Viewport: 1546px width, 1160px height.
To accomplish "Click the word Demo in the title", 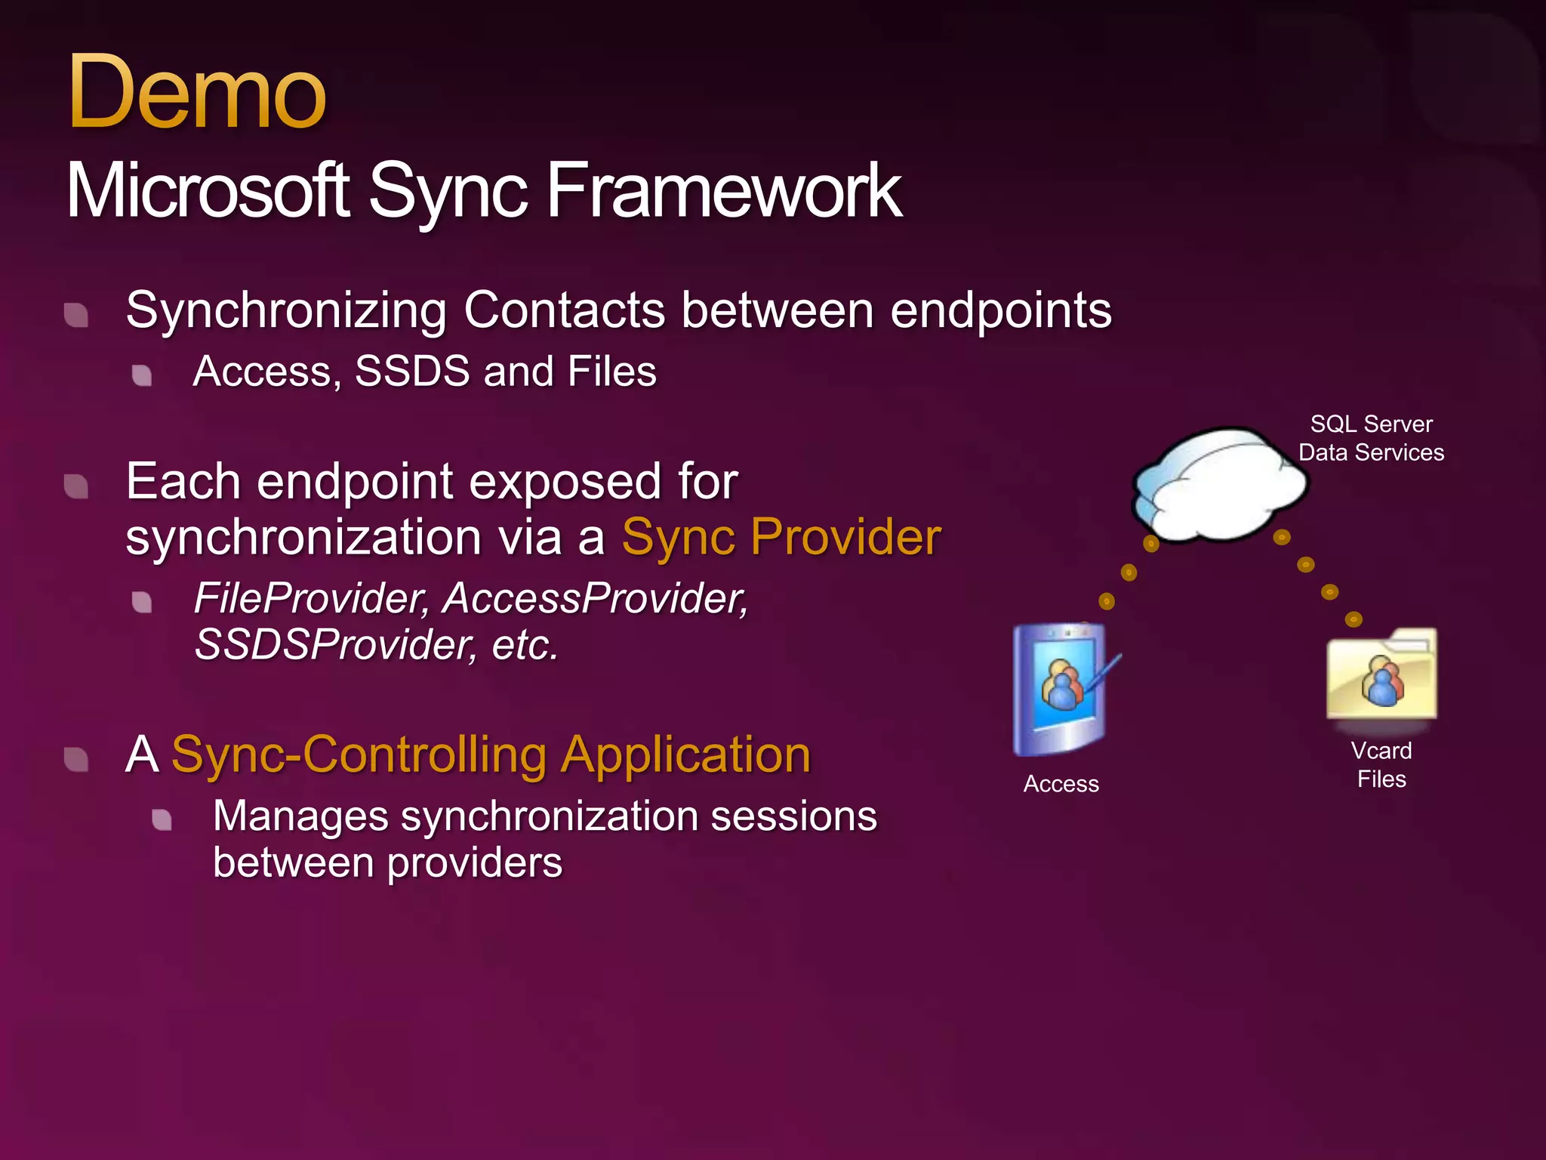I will pyautogui.click(x=196, y=94).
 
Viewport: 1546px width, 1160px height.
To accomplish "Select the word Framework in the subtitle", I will pyautogui.click(x=723, y=191).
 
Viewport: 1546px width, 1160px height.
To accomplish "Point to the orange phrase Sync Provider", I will pyautogui.click(x=781, y=537).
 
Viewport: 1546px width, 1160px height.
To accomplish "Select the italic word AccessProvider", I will pyautogui.click(x=595, y=598).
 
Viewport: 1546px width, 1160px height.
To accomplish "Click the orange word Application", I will pyautogui.click(x=685, y=754).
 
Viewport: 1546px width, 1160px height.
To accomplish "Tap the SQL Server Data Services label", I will pyautogui.click(x=1371, y=438).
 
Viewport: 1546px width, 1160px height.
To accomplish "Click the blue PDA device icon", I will pyautogui.click(x=1061, y=689).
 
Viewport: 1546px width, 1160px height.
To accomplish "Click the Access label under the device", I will pyautogui.click(x=1061, y=784).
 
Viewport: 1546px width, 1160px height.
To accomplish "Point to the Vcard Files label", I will pyautogui.click(x=1381, y=764).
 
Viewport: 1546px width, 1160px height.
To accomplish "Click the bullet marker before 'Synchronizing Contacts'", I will pyautogui.click(x=76, y=315).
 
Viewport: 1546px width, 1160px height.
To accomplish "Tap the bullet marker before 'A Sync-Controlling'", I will pyautogui.click(x=76, y=760).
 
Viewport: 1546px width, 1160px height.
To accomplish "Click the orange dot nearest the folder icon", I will pyautogui.click(x=1354, y=619).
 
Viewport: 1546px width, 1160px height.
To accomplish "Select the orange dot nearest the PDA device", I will pyautogui.click(x=1107, y=601).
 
